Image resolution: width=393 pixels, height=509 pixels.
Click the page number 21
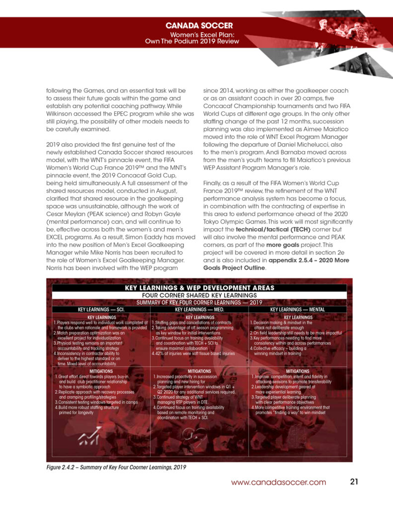click(354, 482)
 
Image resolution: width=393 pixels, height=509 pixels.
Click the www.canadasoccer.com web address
click(279, 482)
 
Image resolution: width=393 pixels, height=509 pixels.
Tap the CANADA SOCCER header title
click(199, 25)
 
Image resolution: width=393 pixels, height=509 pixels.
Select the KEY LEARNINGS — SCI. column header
click(101, 309)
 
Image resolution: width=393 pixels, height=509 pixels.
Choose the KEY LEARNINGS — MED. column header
click(199, 309)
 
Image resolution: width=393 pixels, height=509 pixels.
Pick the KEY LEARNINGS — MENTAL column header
click(297, 309)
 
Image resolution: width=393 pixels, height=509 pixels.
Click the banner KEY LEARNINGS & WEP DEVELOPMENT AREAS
click(199, 288)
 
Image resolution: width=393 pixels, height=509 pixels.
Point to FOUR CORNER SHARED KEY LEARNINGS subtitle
click(199, 295)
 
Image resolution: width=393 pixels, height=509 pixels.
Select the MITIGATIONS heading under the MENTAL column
click(298, 371)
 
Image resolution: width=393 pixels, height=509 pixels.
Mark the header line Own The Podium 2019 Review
click(192, 41)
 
